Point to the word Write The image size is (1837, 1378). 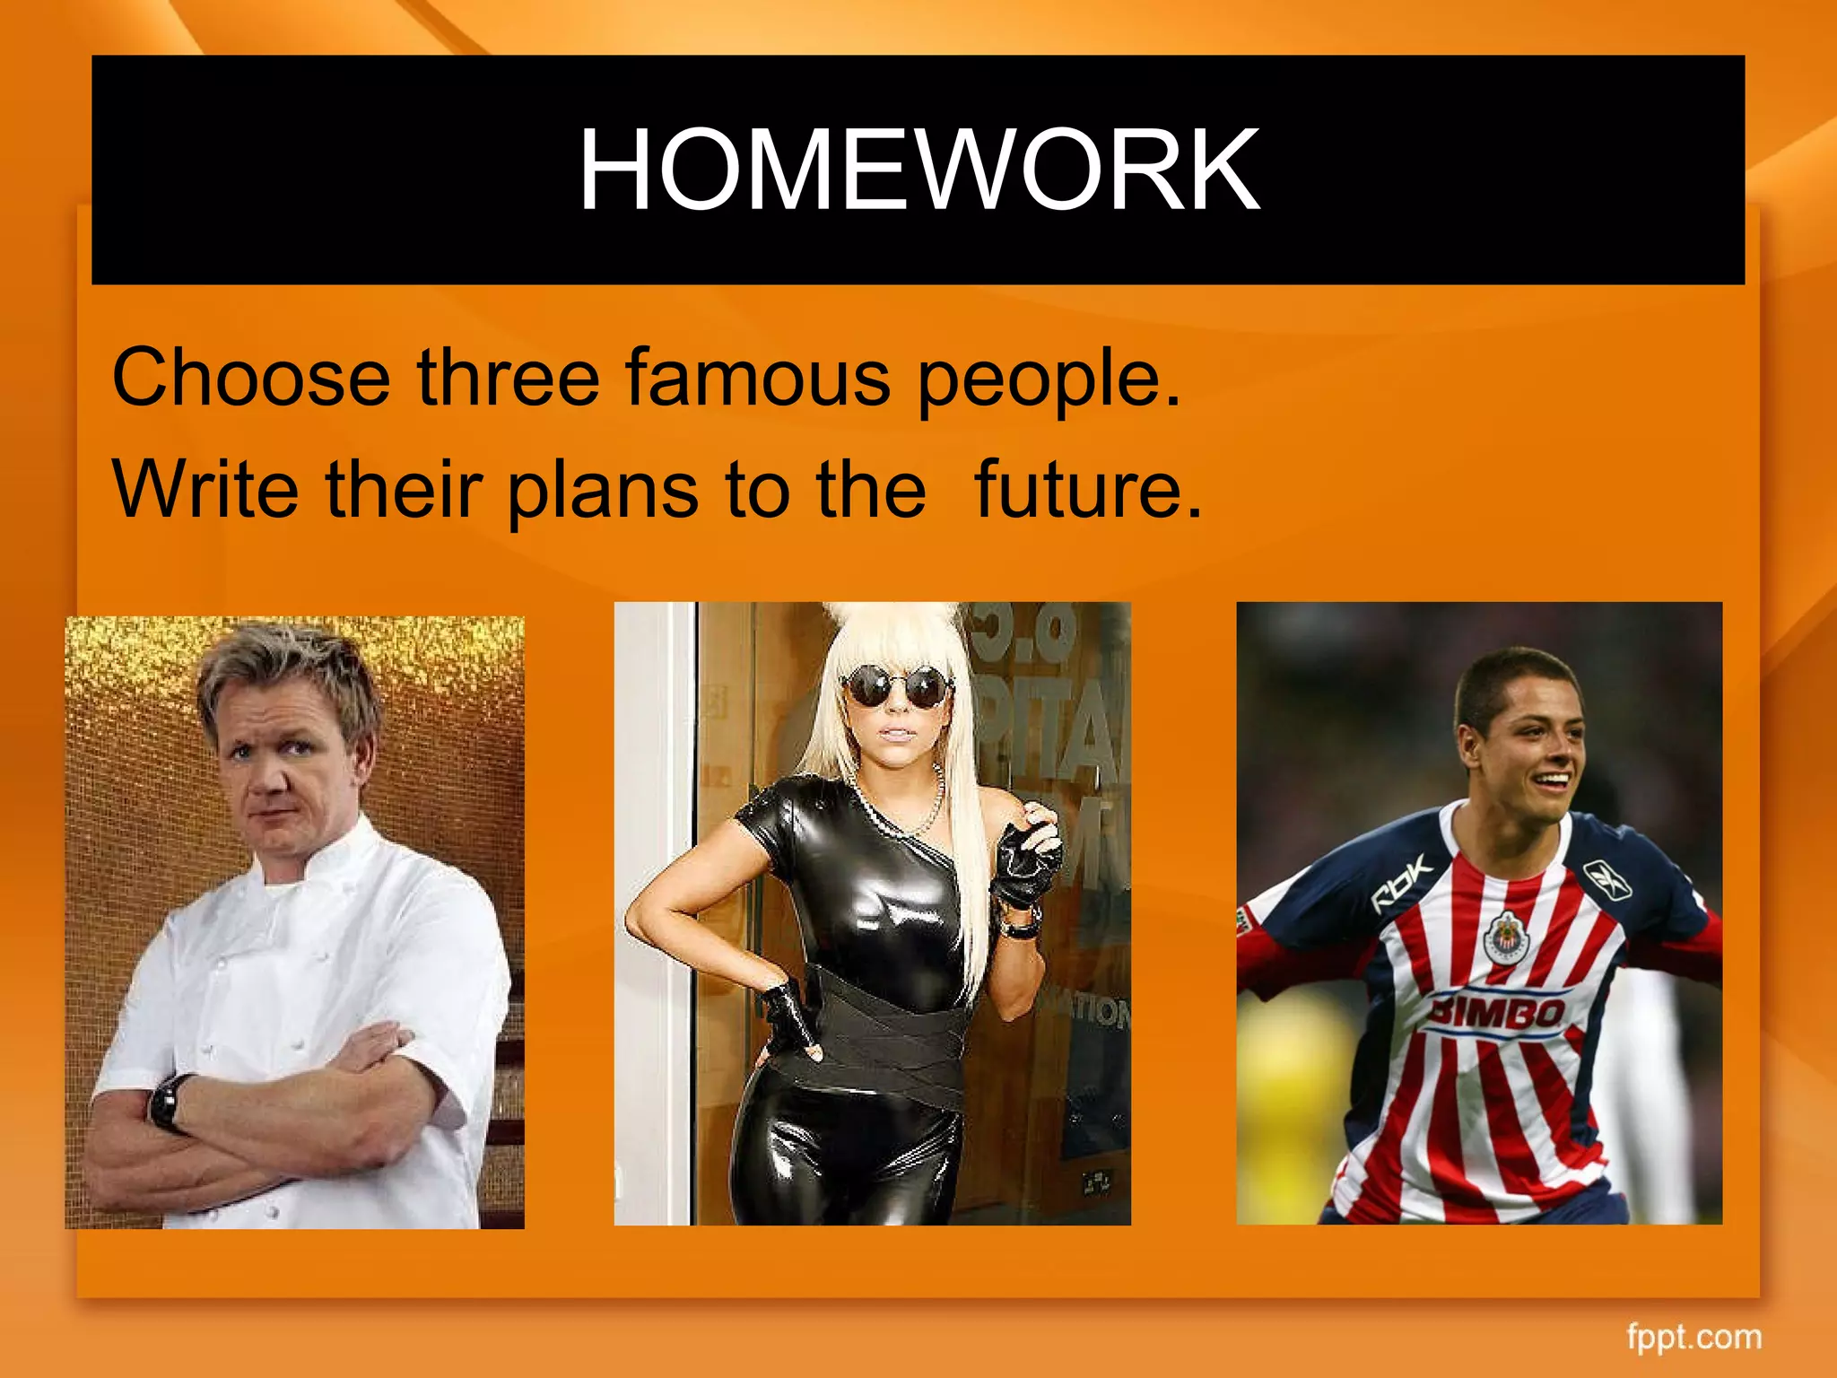click(205, 490)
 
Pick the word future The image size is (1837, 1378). click(1086, 490)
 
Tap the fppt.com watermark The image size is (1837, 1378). click(1693, 1336)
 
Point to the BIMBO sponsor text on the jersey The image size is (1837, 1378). click(1496, 1012)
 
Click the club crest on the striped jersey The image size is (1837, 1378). click(1507, 938)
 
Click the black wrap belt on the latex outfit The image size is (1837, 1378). click(888, 1032)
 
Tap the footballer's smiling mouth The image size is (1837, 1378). click(1552, 782)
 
